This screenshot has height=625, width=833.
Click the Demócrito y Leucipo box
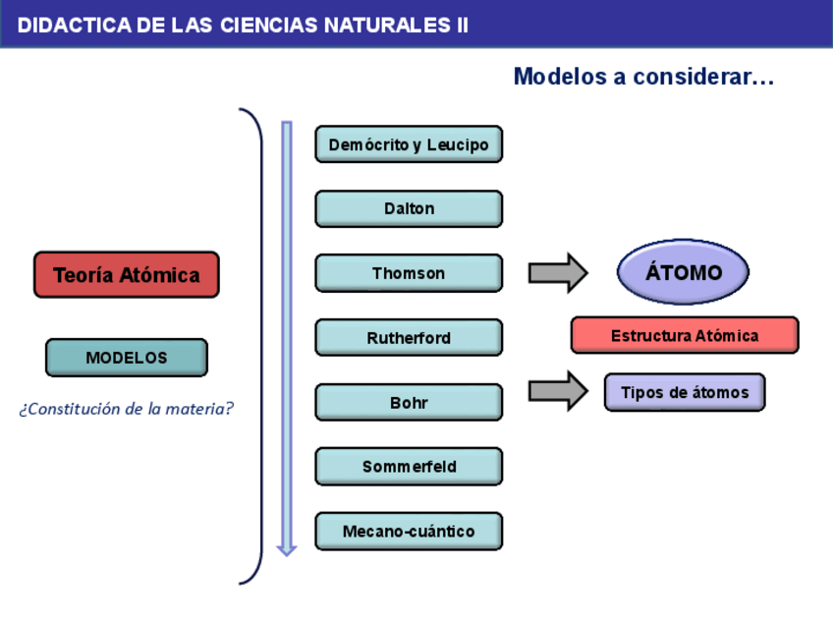coord(409,144)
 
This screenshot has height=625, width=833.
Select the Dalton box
coord(409,208)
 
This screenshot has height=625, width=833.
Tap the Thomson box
coord(409,273)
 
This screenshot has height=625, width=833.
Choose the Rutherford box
coord(409,337)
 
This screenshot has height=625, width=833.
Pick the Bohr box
coord(409,402)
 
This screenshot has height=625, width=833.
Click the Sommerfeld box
coord(409,467)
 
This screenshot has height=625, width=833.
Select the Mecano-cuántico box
coord(409,531)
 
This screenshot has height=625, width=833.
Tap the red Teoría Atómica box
coord(127,275)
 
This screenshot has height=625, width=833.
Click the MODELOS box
coord(127,358)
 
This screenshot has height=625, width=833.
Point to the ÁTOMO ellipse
coord(683,272)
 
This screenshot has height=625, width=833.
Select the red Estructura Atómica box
coord(685,335)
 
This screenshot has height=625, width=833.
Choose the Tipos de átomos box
coord(685,392)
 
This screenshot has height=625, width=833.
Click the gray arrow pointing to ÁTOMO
coord(558,273)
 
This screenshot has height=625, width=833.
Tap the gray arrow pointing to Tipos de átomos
coord(558,391)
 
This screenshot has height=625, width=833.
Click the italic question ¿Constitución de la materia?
coord(127,409)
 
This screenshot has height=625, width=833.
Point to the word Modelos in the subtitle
coord(560,77)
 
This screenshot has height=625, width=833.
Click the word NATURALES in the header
coord(387,26)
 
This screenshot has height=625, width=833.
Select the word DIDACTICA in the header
coord(75,26)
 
